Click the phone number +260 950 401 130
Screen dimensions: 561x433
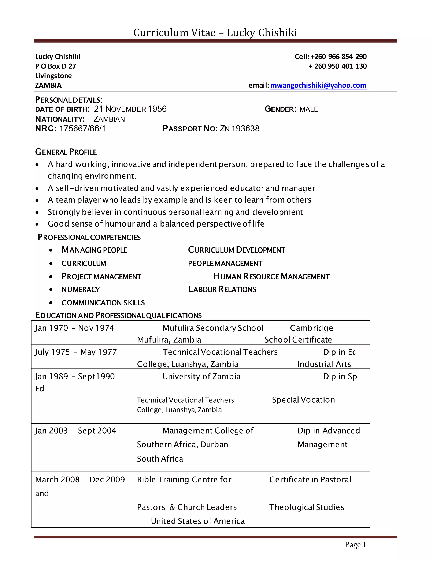point(338,66)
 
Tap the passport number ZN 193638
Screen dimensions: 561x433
point(240,129)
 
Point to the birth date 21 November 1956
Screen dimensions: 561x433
point(130,109)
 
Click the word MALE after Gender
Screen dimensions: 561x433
point(309,109)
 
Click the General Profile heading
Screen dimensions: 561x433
point(66,152)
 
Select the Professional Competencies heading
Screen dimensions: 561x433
point(89,237)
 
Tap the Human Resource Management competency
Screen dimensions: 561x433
point(272,276)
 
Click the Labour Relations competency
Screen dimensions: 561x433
point(222,289)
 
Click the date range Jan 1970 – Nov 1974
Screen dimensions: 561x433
point(74,328)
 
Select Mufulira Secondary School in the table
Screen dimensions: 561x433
point(213,328)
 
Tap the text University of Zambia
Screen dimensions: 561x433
point(201,376)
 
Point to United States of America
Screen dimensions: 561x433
point(198,521)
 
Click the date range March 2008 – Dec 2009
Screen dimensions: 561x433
point(80,479)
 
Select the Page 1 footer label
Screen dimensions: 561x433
point(355,544)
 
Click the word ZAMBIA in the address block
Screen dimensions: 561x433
point(48,85)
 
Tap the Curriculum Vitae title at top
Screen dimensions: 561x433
point(215,33)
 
